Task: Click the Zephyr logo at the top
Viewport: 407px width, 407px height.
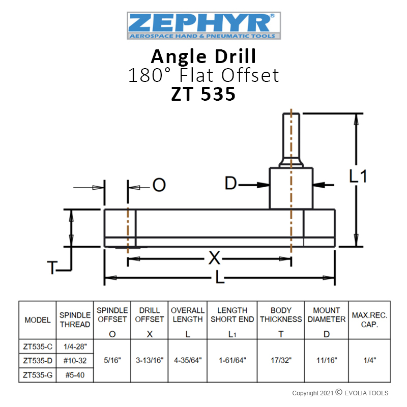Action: pyautogui.click(x=204, y=26)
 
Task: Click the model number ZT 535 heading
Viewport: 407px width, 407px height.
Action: pyautogui.click(x=203, y=94)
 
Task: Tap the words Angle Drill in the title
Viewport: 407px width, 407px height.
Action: pyautogui.click(x=203, y=56)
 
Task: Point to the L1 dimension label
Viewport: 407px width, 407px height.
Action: pyautogui.click(x=358, y=176)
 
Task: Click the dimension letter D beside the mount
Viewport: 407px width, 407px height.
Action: pyautogui.click(x=230, y=183)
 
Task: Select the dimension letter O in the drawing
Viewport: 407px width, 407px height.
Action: pyautogui.click(x=159, y=185)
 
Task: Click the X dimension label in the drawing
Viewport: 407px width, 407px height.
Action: pyautogui.click(x=214, y=258)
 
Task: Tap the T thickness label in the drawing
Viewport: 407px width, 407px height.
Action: pyautogui.click(x=51, y=268)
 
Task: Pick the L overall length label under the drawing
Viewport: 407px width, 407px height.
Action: pyautogui.click(x=220, y=278)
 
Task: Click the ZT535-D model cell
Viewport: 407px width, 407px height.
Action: pyautogui.click(x=38, y=361)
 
